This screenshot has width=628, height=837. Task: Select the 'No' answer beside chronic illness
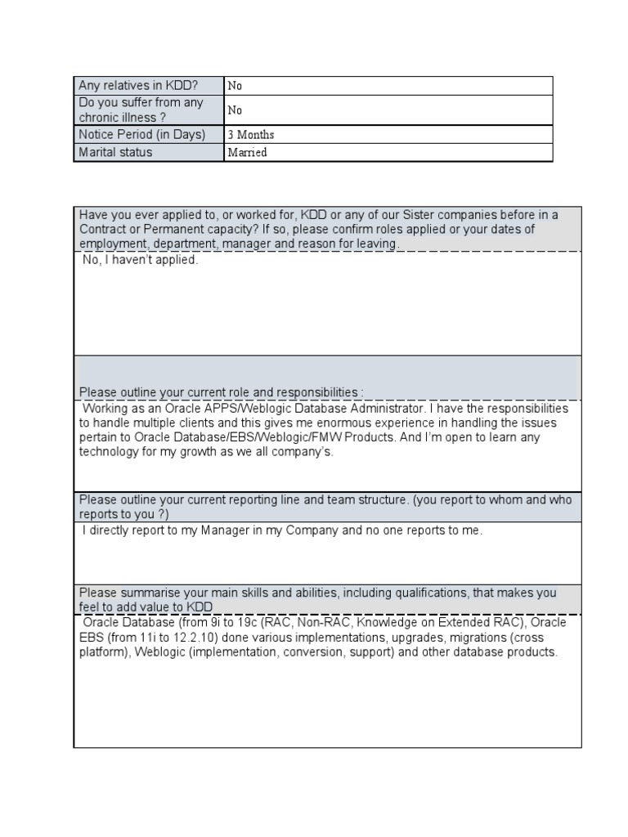tap(235, 110)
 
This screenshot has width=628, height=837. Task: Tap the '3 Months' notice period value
tap(251, 135)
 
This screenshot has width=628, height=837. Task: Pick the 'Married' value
tap(247, 153)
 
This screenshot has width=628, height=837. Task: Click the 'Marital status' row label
tap(115, 152)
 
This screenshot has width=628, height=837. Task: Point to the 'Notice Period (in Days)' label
tap(141, 135)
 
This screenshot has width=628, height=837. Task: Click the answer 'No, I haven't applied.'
tap(140, 261)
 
